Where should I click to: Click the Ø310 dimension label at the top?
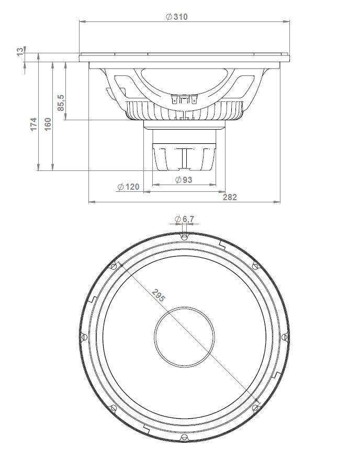176,16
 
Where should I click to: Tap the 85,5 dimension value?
61,102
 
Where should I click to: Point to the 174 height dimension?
33,124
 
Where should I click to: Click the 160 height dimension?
48,124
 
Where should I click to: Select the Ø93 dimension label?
184,180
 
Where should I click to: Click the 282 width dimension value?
230,197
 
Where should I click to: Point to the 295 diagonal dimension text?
158,295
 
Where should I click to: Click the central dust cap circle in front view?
184,336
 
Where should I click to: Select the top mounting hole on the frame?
184,237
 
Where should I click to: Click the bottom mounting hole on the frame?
184,437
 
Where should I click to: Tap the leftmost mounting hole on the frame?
83,337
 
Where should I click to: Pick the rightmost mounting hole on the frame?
284,337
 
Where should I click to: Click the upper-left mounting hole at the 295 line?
113,266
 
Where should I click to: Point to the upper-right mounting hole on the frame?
255,266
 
